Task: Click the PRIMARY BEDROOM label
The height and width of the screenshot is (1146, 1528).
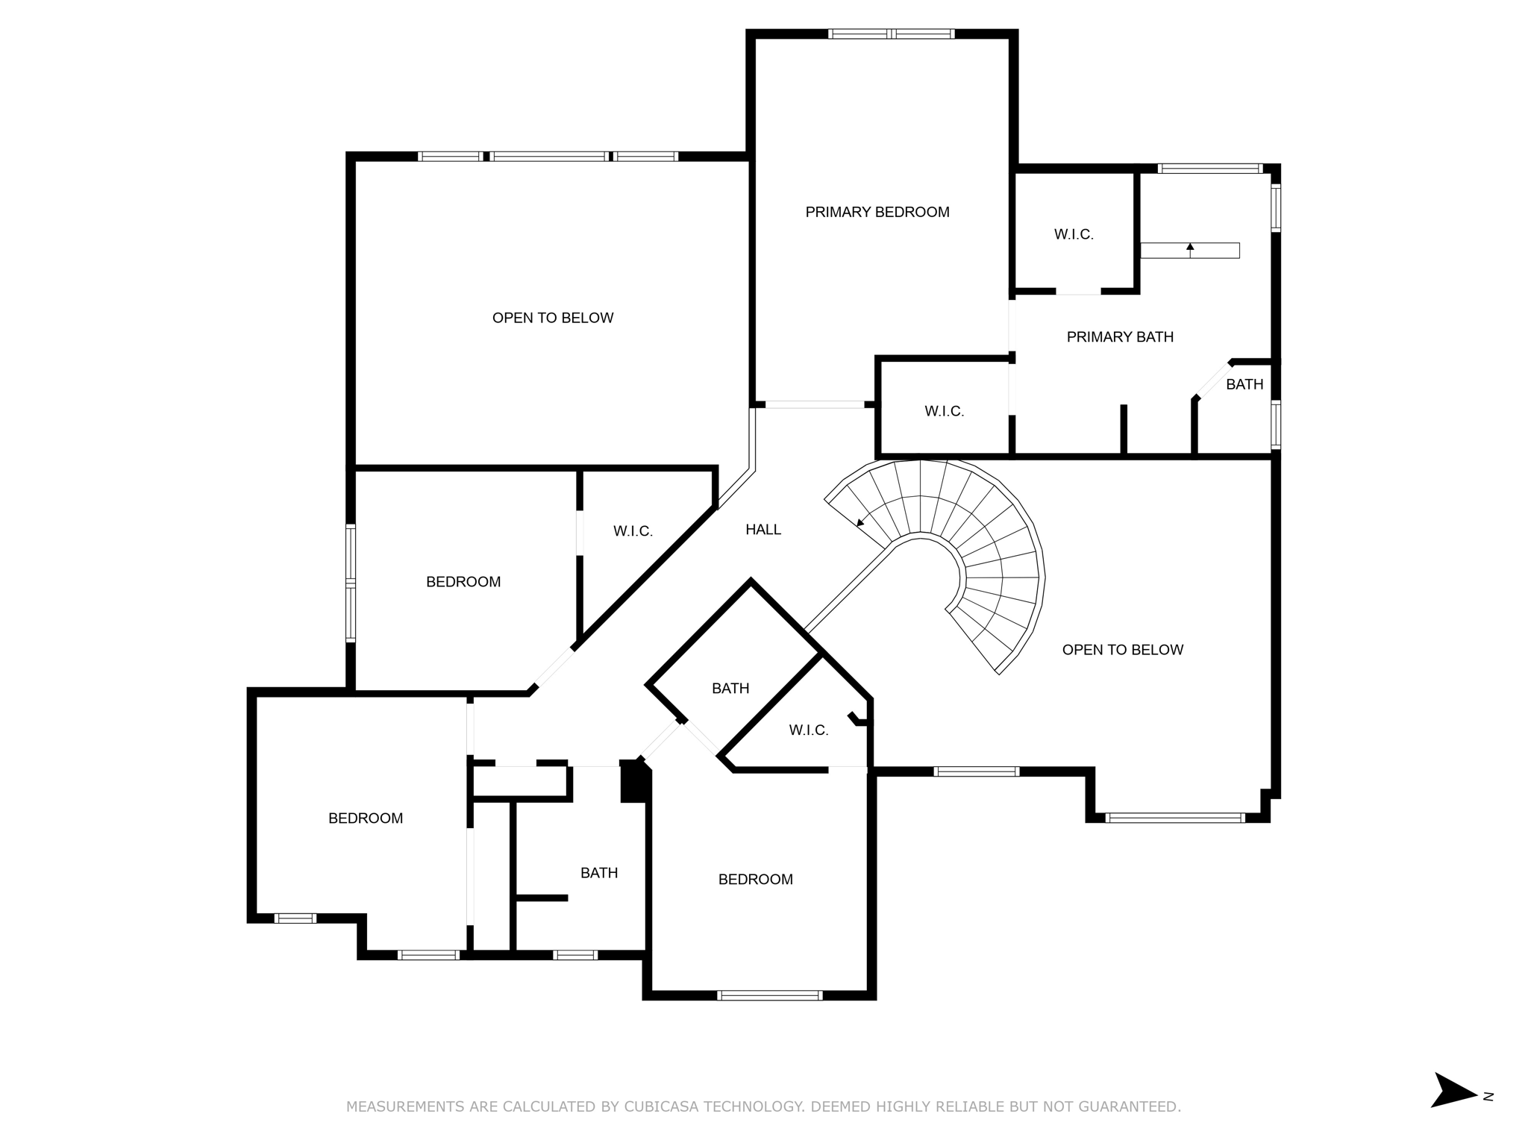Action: pos(877,213)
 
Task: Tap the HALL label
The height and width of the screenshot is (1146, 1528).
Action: pos(763,530)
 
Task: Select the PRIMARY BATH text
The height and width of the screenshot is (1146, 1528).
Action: pos(1119,337)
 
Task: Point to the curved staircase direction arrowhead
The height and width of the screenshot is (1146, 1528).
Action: pos(860,522)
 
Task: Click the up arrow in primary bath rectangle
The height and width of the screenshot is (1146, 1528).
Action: pos(1190,247)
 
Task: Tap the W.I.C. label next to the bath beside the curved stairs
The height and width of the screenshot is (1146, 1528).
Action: pos(808,730)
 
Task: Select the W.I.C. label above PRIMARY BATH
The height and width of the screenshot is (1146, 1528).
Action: pos(1073,235)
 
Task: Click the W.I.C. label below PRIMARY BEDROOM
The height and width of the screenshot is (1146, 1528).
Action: pos(944,412)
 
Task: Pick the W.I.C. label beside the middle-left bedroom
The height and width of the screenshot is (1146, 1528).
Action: pos(633,531)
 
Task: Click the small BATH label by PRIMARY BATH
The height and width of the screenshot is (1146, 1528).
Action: pos(1244,384)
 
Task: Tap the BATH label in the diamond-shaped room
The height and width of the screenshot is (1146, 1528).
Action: pos(730,689)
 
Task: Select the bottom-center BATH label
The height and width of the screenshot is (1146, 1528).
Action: pos(598,873)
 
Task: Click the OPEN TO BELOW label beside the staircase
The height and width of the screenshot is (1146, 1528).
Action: pos(1122,650)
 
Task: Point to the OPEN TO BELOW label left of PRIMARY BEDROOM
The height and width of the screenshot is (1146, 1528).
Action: pos(552,318)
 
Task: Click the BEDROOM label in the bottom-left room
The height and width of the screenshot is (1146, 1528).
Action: pos(365,818)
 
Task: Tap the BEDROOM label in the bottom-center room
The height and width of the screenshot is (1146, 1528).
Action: pos(755,880)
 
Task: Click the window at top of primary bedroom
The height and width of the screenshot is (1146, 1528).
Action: pos(891,34)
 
